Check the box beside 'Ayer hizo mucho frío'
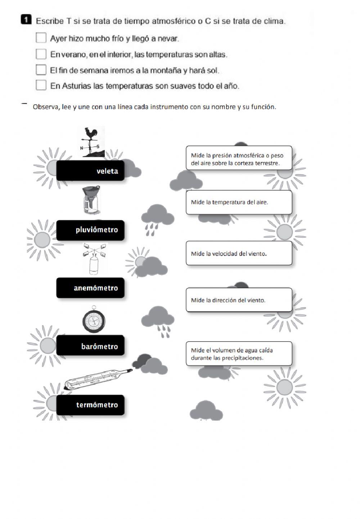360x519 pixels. click(x=41, y=38)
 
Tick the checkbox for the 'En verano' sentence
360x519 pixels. click(x=41, y=54)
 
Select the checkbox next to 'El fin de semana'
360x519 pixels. click(x=41, y=69)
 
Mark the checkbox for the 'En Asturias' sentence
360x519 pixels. click(x=41, y=85)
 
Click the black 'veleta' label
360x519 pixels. click(x=90, y=171)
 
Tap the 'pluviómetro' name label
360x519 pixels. click(x=90, y=230)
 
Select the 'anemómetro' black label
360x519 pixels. click(x=90, y=288)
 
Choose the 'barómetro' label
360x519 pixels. click(x=90, y=346)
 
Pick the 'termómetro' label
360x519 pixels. click(x=90, y=405)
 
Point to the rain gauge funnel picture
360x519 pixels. click(x=90, y=200)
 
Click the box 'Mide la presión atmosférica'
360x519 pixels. click(x=239, y=158)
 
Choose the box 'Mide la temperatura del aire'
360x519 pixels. click(x=239, y=202)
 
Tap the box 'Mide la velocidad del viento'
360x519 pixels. click(x=239, y=253)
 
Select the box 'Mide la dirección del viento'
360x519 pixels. click(x=239, y=300)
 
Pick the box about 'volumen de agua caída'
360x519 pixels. click(x=239, y=354)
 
